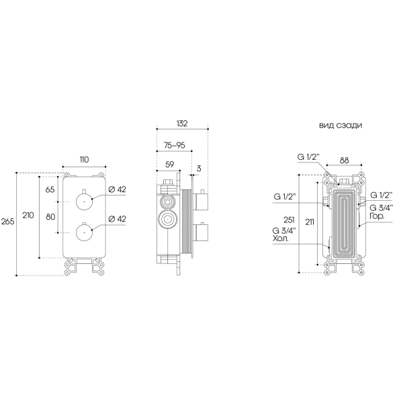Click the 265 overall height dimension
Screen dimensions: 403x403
[x=7, y=221]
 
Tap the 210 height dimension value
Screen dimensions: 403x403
[x=28, y=215]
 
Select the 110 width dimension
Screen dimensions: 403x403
[x=84, y=160]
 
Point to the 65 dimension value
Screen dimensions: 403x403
[x=50, y=189]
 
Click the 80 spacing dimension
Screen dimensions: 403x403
[x=50, y=217]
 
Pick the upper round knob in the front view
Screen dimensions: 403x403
[x=84, y=201]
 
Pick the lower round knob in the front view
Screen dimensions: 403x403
[x=84, y=232]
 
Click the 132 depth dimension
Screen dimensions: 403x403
[x=182, y=124]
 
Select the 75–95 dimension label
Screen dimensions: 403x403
[x=175, y=145]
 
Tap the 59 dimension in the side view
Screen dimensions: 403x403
[x=169, y=165]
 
